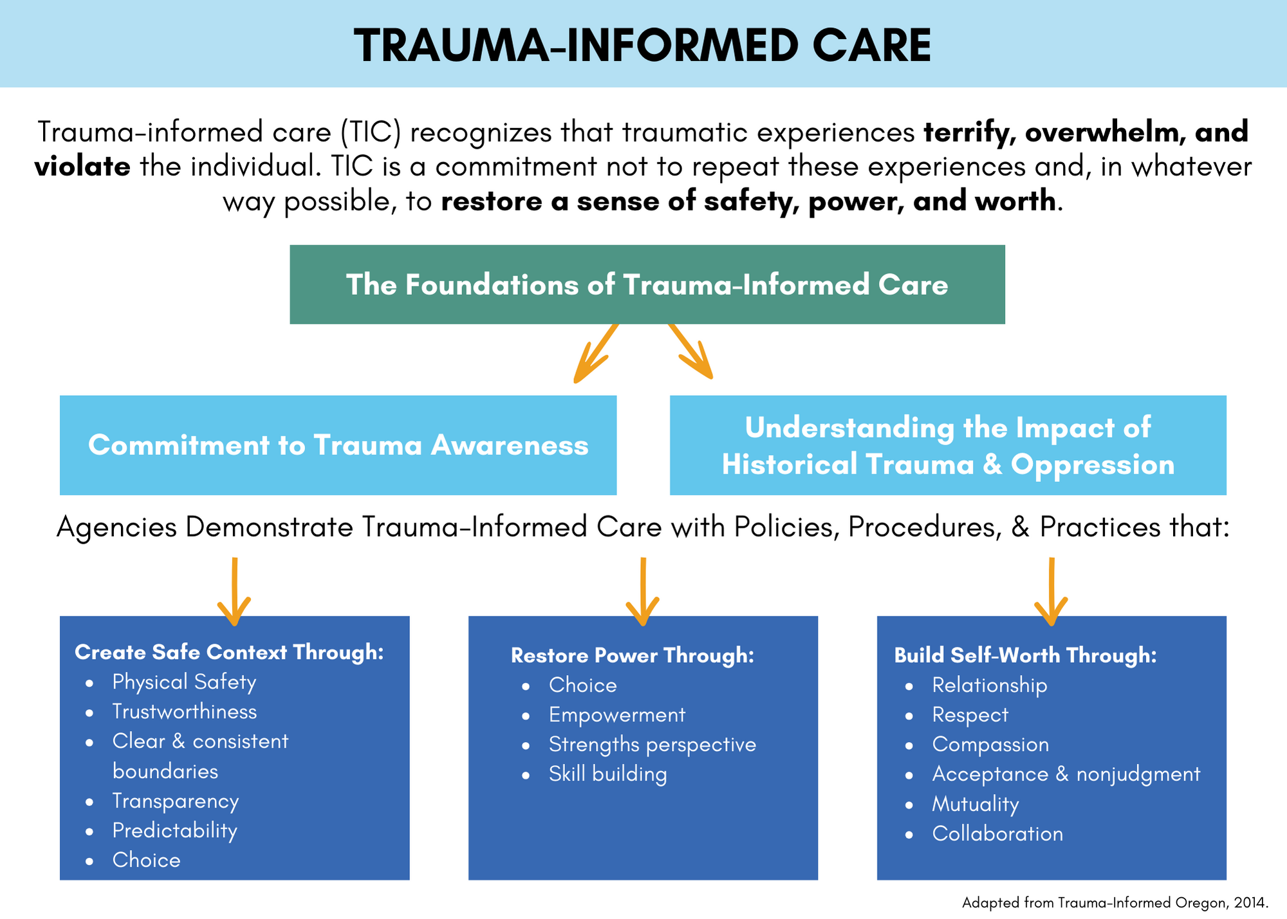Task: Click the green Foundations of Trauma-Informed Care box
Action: [x=647, y=284]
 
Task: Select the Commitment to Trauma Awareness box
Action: [x=338, y=445]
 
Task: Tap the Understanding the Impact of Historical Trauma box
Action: [x=948, y=445]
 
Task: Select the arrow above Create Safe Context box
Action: [x=234, y=592]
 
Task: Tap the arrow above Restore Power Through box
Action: [x=643, y=592]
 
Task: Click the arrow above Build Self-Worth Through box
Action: [x=1051, y=592]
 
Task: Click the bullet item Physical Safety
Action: [x=184, y=682]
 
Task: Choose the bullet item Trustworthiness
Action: [x=184, y=711]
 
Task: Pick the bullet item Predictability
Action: [x=174, y=830]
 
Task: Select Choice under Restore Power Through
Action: [x=582, y=685]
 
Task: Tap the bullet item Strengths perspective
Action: [x=652, y=745]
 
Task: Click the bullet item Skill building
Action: [x=607, y=774]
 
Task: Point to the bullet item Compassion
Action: [x=990, y=745]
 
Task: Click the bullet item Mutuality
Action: [x=975, y=804]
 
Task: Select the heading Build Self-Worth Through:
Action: [x=1025, y=655]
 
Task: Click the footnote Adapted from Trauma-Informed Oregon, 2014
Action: [x=1115, y=902]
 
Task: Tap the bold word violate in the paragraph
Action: [x=82, y=167]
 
